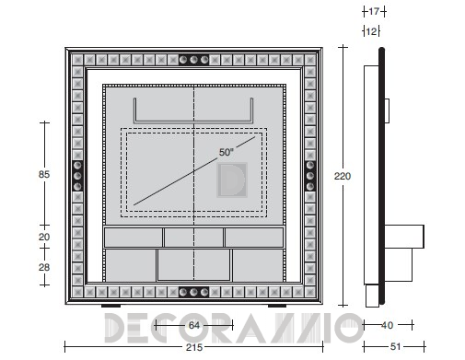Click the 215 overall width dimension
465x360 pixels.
point(194,347)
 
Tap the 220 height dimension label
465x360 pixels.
point(343,176)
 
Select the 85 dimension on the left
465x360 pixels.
point(44,174)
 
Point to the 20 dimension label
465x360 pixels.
point(44,237)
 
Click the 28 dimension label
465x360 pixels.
point(44,267)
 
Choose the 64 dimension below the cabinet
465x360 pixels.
point(194,325)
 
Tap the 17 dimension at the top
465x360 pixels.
point(374,12)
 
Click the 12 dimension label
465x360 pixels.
point(371,31)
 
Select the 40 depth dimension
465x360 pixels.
point(387,325)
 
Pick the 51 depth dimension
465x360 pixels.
point(395,347)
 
